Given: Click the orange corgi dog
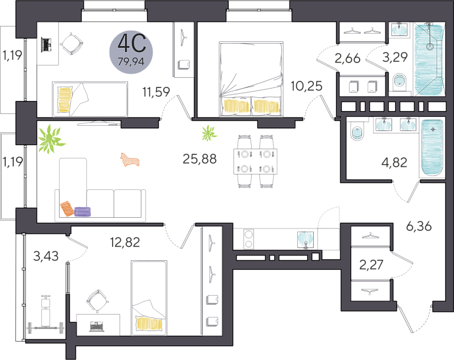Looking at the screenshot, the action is pos(130,160).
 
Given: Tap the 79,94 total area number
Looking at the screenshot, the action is pos(131,62).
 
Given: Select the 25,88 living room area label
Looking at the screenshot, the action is pos(199,159).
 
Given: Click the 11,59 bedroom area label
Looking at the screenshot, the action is pos(156,91).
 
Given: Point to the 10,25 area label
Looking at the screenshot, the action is pos(307,86).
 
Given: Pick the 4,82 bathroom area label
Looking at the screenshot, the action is pos(394,163).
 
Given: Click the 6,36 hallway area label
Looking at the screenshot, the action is pos(419,226).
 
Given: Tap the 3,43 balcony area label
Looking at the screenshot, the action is pos(46,256).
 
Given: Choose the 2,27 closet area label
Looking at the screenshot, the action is pos(371,264).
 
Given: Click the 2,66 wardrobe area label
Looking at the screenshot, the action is pos(347,58).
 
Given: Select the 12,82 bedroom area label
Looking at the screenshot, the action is pos(125,242).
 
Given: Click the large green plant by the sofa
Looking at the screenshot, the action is pos(51,139).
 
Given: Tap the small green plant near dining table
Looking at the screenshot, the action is pos(209,133).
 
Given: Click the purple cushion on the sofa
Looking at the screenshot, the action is pos(83,212).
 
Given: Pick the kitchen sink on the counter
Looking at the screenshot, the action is pos(306,240).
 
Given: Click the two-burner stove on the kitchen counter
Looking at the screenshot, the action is pos(249,239).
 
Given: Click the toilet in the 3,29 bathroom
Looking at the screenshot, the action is pos(400,82).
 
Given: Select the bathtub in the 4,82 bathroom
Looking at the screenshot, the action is pos(432,148).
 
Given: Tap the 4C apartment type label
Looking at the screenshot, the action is pos(131,44).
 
